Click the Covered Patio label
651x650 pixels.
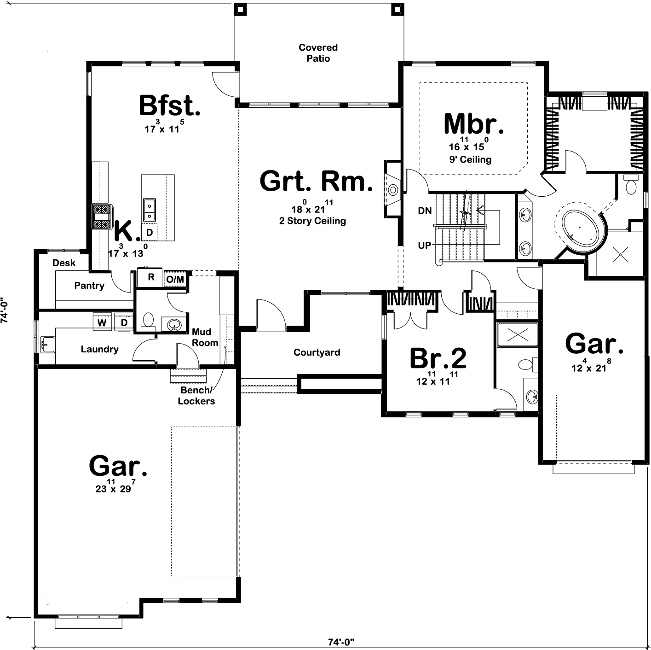coord(318,53)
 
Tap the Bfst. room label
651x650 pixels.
coord(169,105)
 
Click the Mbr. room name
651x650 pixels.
coord(474,123)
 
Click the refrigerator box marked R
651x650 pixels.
coord(150,277)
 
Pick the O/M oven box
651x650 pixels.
coord(175,279)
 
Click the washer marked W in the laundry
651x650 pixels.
coord(102,322)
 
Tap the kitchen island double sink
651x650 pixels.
coord(149,210)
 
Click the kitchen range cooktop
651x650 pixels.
coord(102,217)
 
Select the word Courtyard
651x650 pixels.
coord(317,352)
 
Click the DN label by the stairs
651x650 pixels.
coord(425,211)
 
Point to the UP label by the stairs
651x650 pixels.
coord(424,246)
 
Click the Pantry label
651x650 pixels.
coord(89,286)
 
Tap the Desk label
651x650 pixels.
coord(63,263)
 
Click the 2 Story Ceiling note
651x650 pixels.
coord(312,221)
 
